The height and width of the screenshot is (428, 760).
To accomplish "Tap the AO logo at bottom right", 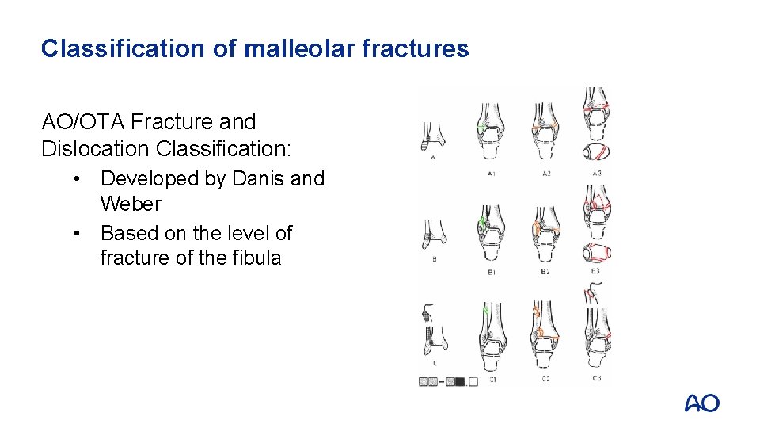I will [x=701, y=403].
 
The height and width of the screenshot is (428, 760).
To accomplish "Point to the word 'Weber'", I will [x=131, y=204].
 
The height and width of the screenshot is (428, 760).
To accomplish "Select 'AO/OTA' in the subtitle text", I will [x=83, y=122].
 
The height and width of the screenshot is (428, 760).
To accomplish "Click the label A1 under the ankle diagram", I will [x=492, y=172].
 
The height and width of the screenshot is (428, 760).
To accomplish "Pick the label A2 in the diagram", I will [x=546, y=172].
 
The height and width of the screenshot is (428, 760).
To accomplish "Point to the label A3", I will [x=597, y=172].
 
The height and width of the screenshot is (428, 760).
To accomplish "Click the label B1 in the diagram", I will [x=492, y=273].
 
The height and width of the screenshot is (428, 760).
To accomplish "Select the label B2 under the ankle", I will [x=546, y=273].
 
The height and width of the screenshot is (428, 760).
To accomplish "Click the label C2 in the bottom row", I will [x=546, y=380].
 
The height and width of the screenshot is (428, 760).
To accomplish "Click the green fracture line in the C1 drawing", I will [x=485, y=311].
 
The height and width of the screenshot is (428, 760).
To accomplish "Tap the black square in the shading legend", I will [x=460, y=381].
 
